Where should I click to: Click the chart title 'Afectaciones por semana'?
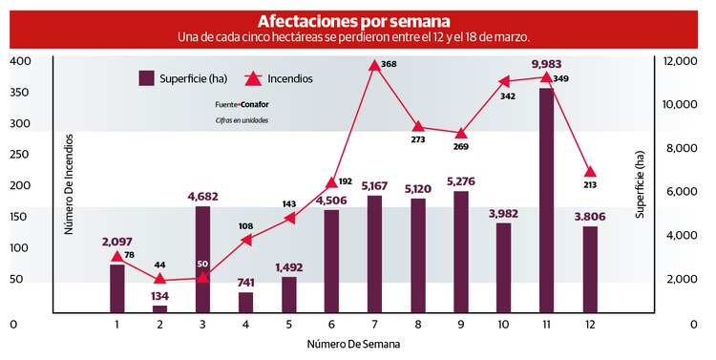(x=354, y=21)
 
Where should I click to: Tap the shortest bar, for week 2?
(x=159, y=308)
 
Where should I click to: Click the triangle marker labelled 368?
(x=374, y=66)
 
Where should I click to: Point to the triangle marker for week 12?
(x=590, y=172)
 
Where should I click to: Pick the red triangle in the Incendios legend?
(x=254, y=78)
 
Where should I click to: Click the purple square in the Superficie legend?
(x=147, y=78)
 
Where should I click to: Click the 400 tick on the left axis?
(x=20, y=61)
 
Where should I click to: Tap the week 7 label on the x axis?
(x=374, y=325)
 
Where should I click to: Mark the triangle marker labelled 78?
(x=116, y=256)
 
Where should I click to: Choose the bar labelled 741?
(x=245, y=302)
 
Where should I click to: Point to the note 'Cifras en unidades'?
(x=242, y=120)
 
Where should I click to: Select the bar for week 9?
(x=461, y=252)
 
